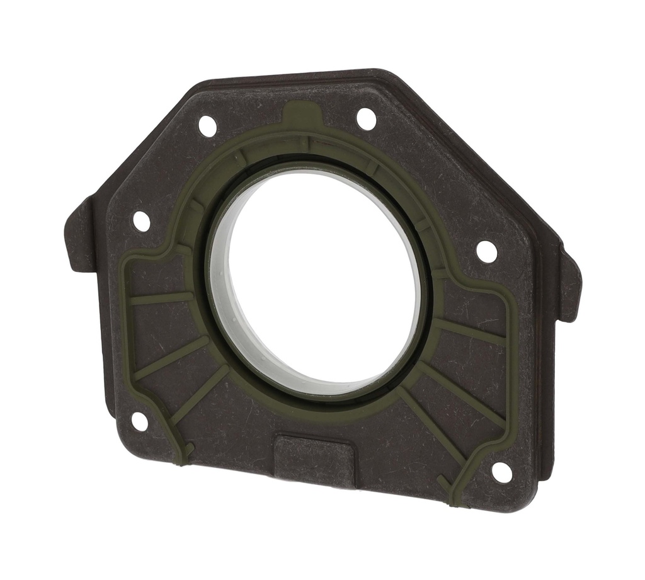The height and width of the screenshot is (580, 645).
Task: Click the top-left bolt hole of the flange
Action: pos(207,126)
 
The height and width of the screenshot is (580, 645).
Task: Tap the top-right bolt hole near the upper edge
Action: pos(366,118)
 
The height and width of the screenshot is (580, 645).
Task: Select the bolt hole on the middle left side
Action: pos(142,221)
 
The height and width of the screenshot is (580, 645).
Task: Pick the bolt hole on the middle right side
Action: pos(486,251)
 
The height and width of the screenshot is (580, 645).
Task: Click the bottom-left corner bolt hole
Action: pos(139,421)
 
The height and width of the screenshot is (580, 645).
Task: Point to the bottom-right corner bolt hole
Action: pos(501,472)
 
